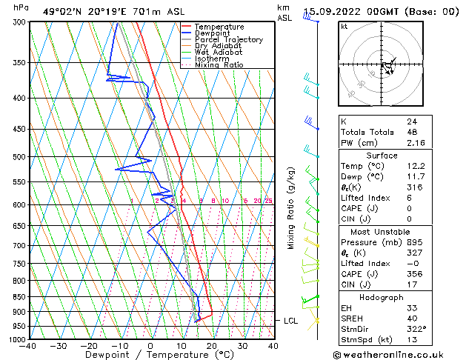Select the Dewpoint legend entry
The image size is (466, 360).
pos(213,33)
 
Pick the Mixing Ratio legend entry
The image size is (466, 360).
pos(219,65)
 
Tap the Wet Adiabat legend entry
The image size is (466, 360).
pos(216,53)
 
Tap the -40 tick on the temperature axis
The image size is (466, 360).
pos(28,346)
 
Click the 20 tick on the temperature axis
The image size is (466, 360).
pos(212,346)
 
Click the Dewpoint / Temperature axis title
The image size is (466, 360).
pos(150,355)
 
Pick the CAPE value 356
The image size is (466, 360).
pos(413,273)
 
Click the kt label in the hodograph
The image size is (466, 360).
pos(344,27)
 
